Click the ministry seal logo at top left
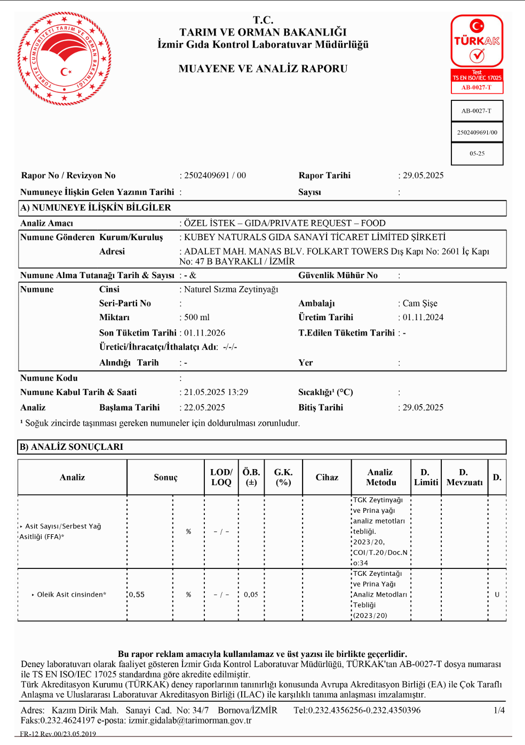click(65, 59)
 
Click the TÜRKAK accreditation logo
click(476, 54)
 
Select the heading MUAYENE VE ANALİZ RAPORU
click(263, 69)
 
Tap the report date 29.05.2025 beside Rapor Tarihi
click(423, 176)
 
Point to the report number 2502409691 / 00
click(215, 176)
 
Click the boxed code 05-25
click(477, 154)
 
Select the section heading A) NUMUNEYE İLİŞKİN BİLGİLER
click(96, 208)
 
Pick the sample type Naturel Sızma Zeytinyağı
click(231, 289)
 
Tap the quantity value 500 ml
click(197, 318)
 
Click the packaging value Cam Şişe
click(420, 304)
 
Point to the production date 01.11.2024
click(423, 318)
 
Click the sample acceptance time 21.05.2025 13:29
click(216, 392)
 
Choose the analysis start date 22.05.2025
click(204, 408)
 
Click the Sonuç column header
click(165, 478)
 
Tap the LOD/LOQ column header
click(221, 478)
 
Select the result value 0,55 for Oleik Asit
click(137, 595)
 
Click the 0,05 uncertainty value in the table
click(251, 595)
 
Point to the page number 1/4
click(499, 710)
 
